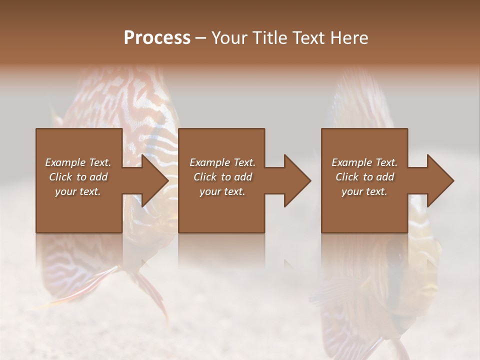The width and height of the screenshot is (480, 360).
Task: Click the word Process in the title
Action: (x=157, y=38)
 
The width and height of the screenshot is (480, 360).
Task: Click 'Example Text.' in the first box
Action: (x=78, y=162)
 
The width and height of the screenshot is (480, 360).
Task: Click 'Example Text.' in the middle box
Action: (x=222, y=162)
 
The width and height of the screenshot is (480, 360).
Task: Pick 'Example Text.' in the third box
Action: (x=364, y=162)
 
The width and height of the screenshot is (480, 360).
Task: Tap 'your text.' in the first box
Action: (x=78, y=191)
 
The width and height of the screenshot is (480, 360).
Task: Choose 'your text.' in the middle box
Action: (x=222, y=191)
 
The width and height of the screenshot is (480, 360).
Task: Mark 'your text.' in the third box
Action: (x=364, y=191)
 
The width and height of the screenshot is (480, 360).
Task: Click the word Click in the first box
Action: (x=60, y=177)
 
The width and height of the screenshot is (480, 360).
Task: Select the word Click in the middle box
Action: (x=205, y=177)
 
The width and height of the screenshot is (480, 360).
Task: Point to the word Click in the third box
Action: (x=347, y=177)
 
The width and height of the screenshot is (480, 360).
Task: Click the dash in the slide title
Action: (x=201, y=38)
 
